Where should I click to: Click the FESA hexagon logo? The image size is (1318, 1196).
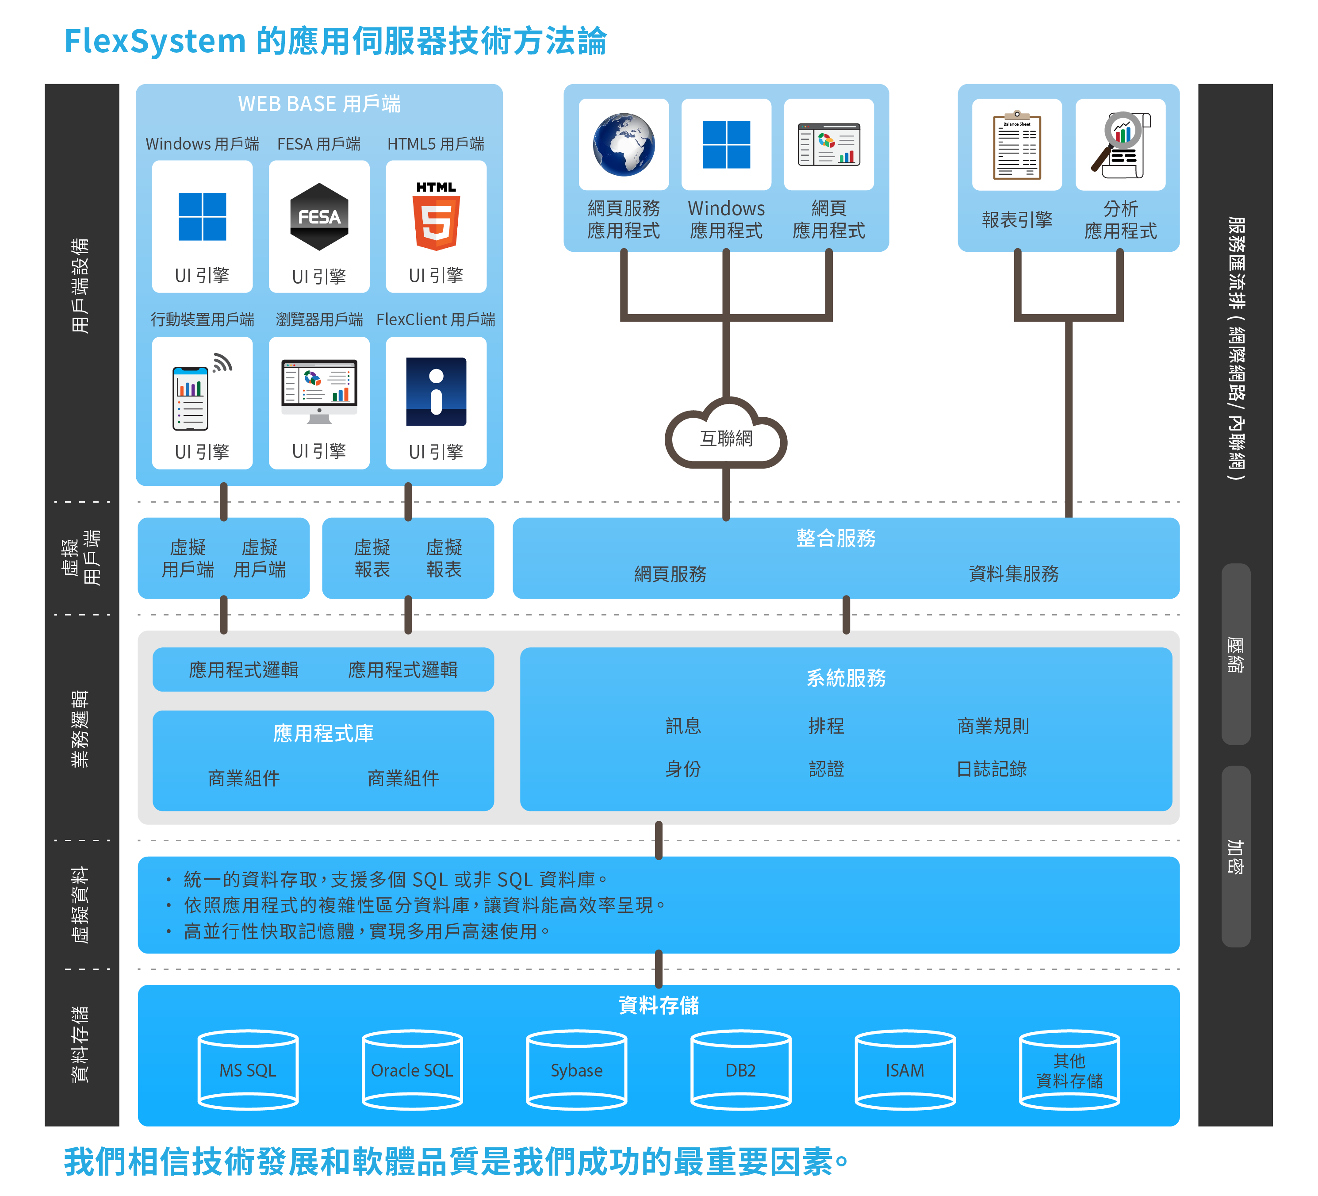(x=319, y=216)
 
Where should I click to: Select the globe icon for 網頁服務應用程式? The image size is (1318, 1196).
(x=623, y=145)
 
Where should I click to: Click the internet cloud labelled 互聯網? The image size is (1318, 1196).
(x=726, y=437)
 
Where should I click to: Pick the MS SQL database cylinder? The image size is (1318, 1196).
(x=248, y=1070)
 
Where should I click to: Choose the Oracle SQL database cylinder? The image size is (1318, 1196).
(x=412, y=1070)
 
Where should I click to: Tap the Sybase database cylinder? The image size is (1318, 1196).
(x=577, y=1070)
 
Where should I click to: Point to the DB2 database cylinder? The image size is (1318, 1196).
(x=741, y=1070)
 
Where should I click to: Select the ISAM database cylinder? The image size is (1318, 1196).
(x=905, y=1070)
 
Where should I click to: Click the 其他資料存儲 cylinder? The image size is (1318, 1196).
(x=1069, y=1070)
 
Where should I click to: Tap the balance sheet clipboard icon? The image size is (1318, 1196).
(x=1017, y=145)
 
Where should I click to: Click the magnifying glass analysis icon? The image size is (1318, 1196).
(x=1120, y=145)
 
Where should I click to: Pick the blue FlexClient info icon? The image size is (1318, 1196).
(x=436, y=392)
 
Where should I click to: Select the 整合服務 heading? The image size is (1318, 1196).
(x=835, y=538)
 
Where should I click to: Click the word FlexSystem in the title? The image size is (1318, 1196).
(x=155, y=41)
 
